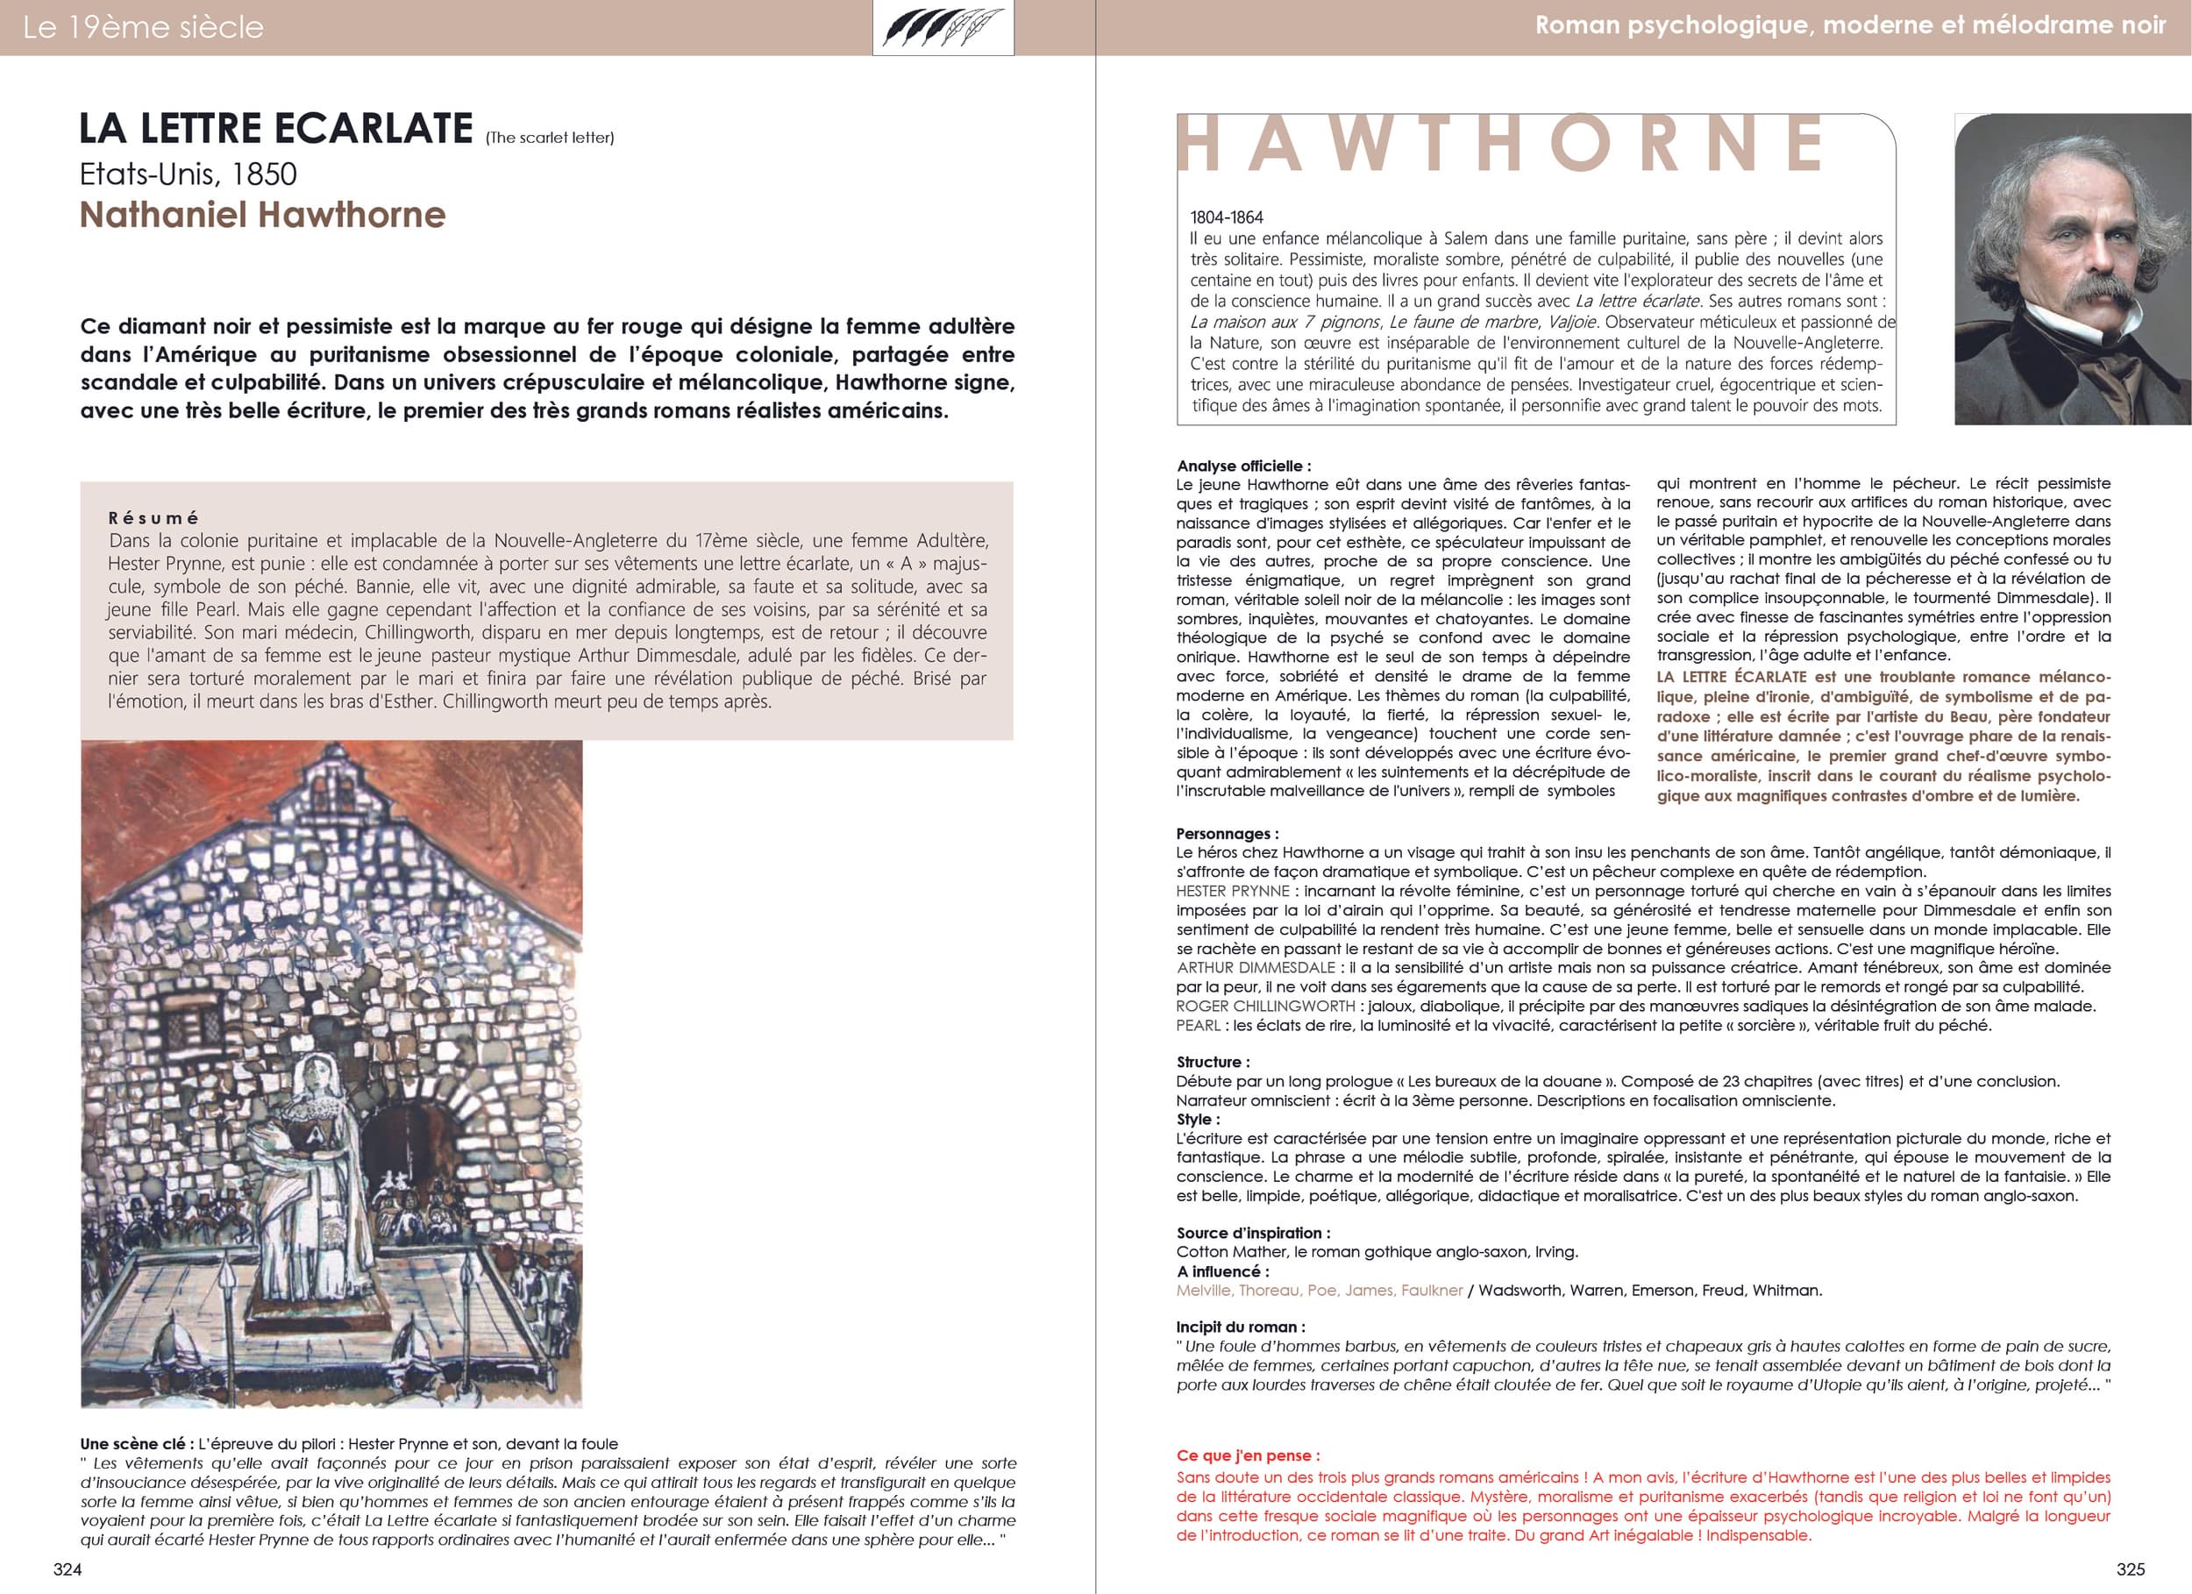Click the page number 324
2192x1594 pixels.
point(68,1569)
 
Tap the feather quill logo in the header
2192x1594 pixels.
point(943,27)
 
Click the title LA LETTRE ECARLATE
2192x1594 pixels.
point(275,129)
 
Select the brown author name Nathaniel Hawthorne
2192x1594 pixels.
point(262,215)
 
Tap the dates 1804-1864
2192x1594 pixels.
point(1227,217)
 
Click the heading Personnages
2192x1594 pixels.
point(1227,833)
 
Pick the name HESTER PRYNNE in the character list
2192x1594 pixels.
point(1232,891)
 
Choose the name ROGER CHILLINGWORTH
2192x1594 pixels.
point(1265,1007)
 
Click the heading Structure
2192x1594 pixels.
point(1212,1062)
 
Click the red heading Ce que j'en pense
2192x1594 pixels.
point(1248,1455)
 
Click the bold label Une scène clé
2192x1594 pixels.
point(132,1444)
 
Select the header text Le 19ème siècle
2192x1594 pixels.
point(143,27)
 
